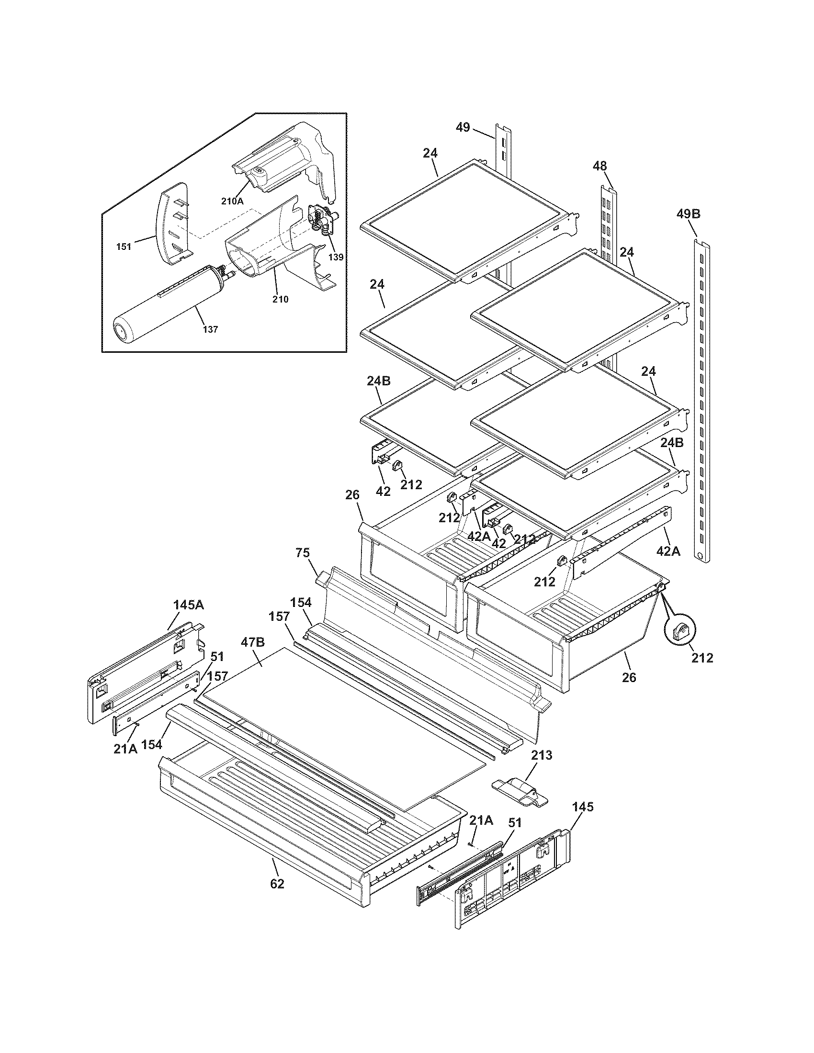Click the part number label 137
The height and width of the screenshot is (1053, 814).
[210, 329]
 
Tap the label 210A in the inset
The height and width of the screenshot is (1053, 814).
[232, 202]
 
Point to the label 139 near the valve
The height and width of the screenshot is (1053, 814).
[336, 257]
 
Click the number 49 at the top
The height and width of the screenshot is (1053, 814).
[463, 128]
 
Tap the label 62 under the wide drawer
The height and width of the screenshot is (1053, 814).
[277, 884]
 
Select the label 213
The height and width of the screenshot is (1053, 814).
[541, 755]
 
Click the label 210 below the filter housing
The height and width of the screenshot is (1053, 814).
[280, 300]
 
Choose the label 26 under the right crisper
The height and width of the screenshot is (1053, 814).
[629, 677]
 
